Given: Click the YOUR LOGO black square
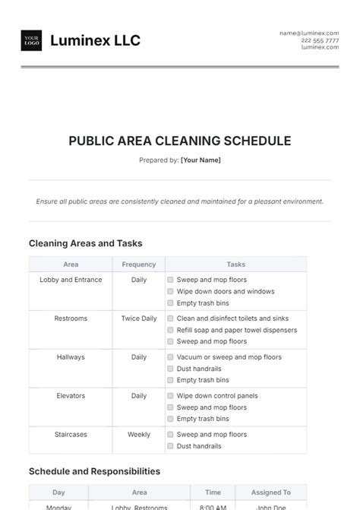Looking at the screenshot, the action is point(32,41).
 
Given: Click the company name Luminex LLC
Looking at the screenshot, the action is point(95,41).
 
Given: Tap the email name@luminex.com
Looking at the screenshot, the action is point(309,33).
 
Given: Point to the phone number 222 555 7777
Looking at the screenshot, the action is point(320,40).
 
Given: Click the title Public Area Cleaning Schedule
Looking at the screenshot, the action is point(179,141).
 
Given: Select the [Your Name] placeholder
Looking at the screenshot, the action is point(201,160).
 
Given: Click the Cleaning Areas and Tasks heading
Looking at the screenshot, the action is point(85,243).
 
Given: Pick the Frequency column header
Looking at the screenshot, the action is point(139,265).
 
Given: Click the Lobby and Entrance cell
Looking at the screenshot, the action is point(71,280).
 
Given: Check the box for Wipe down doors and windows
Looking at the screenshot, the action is point(170,292).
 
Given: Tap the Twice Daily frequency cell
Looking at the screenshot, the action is point(139,318).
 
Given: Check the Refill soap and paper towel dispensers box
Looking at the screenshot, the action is point(170,331).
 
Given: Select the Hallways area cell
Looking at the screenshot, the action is point(71,357).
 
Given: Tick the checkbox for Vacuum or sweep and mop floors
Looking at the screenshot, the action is point(170,357).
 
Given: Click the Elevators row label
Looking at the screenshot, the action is point(71,396).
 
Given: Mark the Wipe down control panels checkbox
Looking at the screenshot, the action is point(170,396).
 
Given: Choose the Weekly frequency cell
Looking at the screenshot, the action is point(139,435).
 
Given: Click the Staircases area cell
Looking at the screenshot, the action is point(71,435).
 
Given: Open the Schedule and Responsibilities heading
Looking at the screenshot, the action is point(94,471).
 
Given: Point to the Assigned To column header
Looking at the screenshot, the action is point(271,493).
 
